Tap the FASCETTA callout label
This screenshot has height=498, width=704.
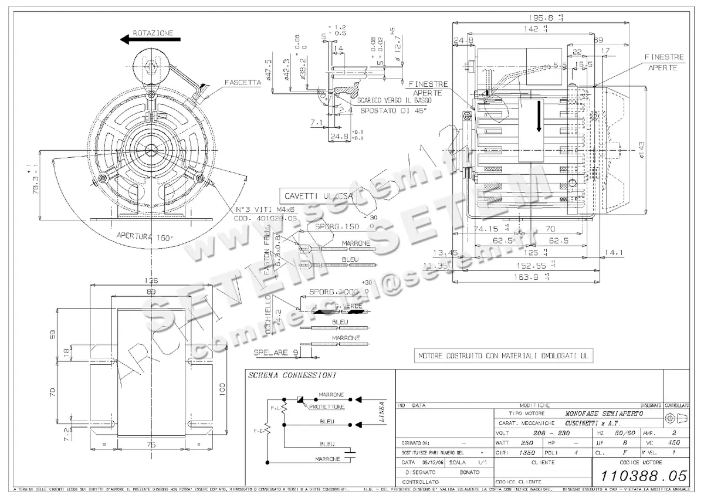(242, 83)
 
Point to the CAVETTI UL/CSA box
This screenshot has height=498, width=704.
(319, 197)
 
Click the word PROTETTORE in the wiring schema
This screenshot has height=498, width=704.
(326, 406)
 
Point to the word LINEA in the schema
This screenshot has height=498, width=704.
(382, 412)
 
